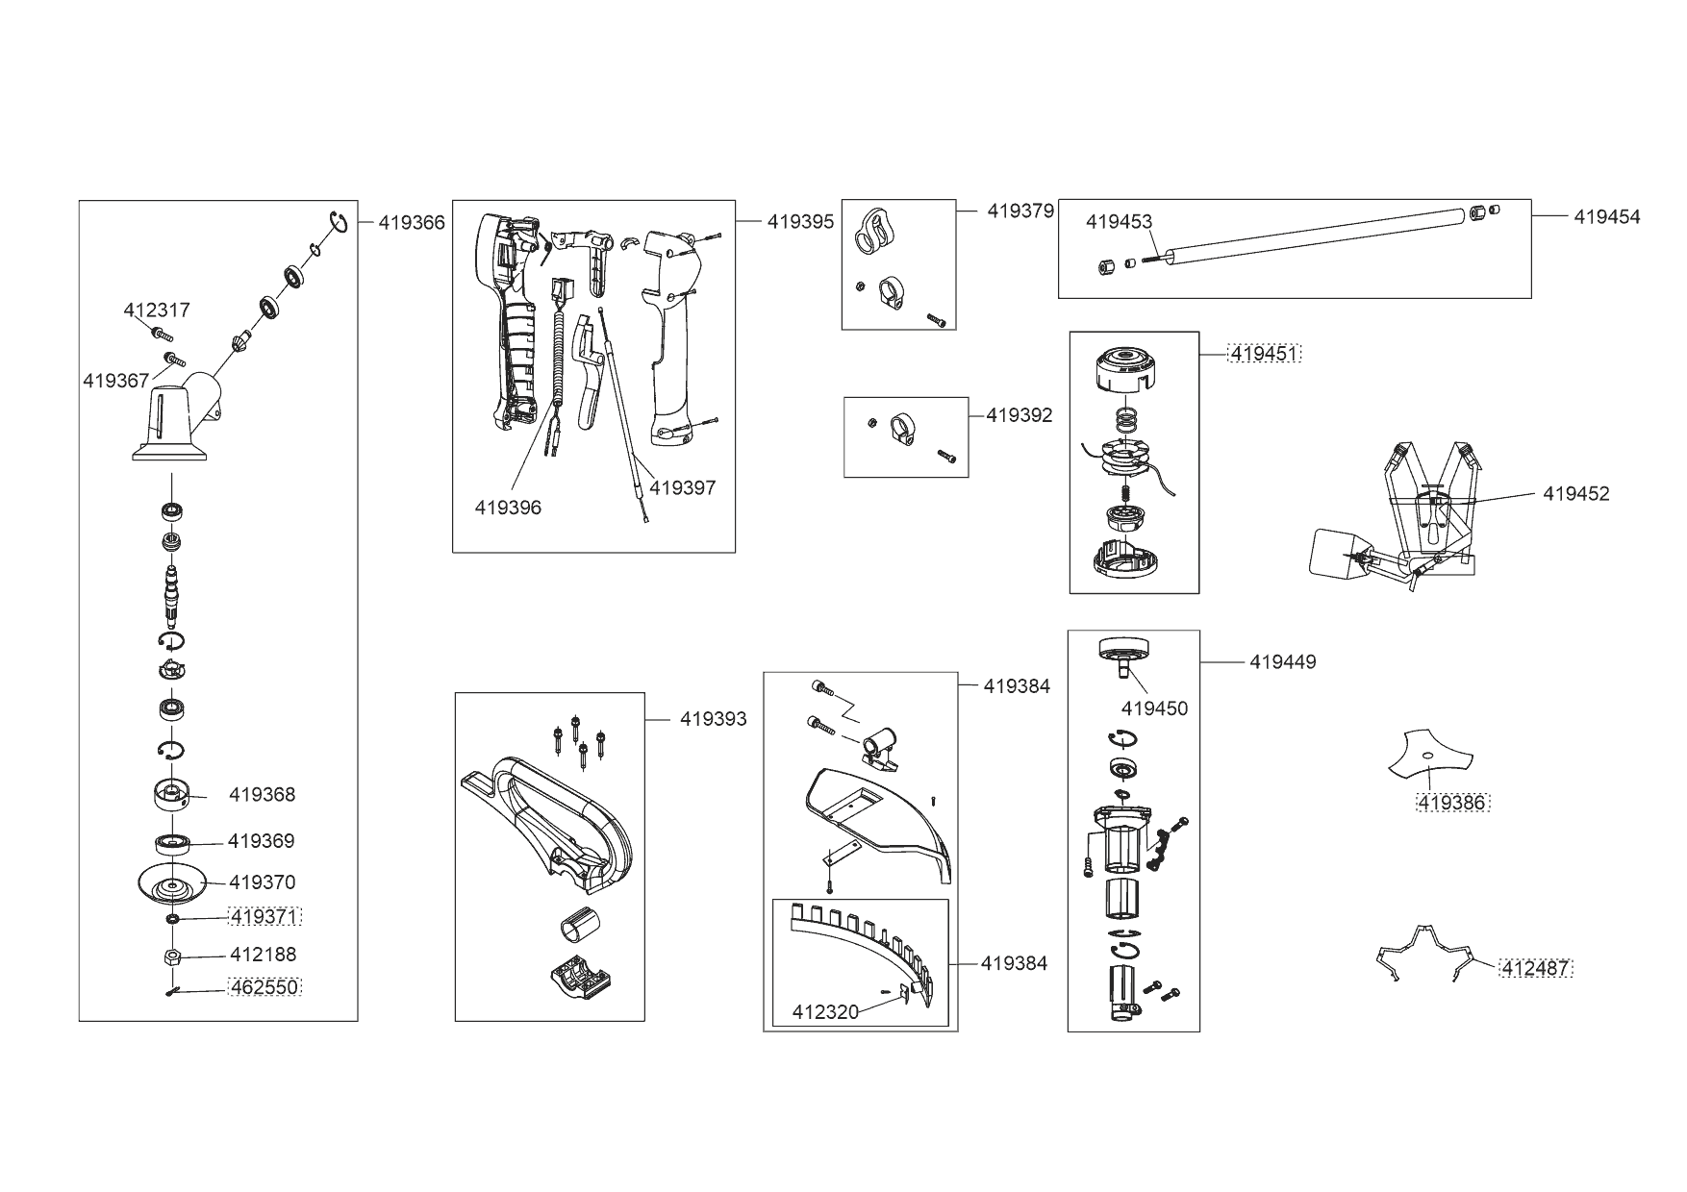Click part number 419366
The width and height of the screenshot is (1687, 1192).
(412, 223)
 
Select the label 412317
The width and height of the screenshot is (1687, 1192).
(157, 310)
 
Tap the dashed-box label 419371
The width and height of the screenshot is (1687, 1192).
(264, 916)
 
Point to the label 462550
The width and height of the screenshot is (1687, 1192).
(264, 986)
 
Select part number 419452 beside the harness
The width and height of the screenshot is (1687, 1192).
(1575, 493)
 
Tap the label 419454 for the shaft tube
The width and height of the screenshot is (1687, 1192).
(1607, 216)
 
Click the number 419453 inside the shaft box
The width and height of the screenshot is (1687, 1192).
(1119, 222)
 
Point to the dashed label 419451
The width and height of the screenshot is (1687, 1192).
(1265, 354)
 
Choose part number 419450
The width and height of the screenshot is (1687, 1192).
(1154, 708)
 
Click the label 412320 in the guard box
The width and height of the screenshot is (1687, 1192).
(825, 1011)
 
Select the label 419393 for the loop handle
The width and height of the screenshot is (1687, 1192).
(713, 719)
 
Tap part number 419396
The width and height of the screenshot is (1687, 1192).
(508, 508)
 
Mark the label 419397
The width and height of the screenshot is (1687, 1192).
(682, 487)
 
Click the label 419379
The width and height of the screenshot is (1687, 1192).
(1020, 211)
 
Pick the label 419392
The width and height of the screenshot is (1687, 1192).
(1020, 415)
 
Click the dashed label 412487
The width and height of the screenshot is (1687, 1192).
(1535, 968)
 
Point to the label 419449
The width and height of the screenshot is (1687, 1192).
(1283, 661)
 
